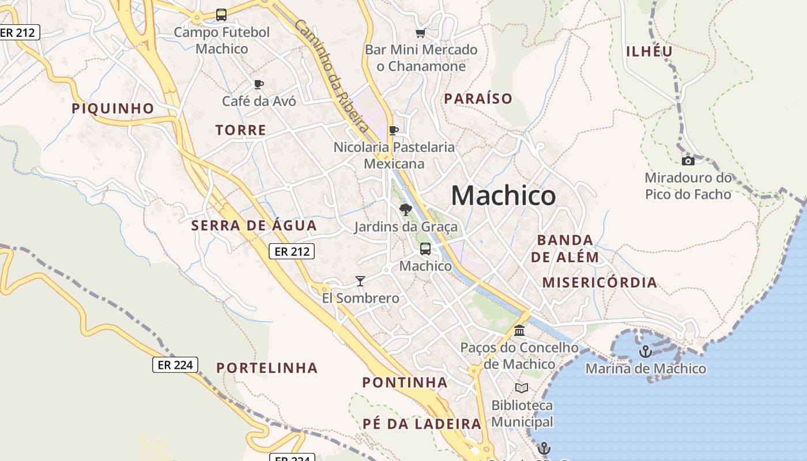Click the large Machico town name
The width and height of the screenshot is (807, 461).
click(503, 196)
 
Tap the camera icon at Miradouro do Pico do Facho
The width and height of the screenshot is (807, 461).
click(688, 161)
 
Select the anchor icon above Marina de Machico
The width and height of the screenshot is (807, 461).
click(646, 351)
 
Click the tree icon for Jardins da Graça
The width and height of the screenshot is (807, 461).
click(405, 209)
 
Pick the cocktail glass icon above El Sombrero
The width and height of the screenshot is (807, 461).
click(360, 281)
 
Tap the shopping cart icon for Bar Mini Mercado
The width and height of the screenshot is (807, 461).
click(420, 33)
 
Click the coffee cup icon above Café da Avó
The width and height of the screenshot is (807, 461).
click(259, 84)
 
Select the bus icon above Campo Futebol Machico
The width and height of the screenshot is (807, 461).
click(221, 15)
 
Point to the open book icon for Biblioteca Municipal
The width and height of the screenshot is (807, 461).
click(522, 388)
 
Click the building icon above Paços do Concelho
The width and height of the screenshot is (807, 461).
click(519, 330)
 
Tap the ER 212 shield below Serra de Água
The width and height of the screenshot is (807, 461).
click(292, 251)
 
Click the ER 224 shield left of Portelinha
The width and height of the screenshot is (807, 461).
click(175, 365)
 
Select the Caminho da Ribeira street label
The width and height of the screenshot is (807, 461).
click(331, 75)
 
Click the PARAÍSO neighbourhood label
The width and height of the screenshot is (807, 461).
click(478, 99)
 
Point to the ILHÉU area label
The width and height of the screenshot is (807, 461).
click(650, 51)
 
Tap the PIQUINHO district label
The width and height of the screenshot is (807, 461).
click(113, 108)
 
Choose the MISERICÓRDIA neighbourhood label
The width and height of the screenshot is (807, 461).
click(599, 282)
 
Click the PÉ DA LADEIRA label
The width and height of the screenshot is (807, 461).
click(422, 424)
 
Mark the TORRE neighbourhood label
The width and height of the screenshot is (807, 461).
click(241, 130)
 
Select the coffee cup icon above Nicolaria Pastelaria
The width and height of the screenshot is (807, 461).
click(394, 130)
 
